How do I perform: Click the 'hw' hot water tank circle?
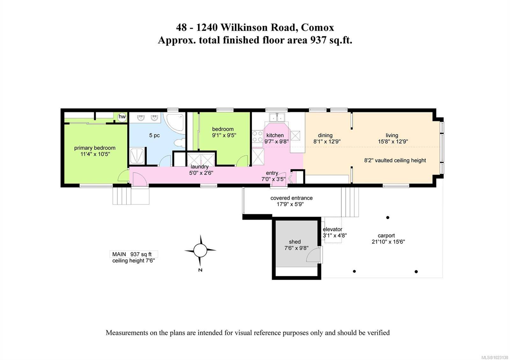pyautogui.click(x=122, y=117)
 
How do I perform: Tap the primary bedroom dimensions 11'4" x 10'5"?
pyautogui.click(x=95, y=154)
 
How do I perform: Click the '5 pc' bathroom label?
pyautogui.click(x=154, y=135)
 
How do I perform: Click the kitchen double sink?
pyautogui.click(x=276, y=118)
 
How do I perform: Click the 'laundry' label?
pyautogui.click(x=200, y=167)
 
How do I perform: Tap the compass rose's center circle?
pyautogui.click(x=200, y=250)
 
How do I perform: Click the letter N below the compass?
pyautogui.click(x=200, y=270)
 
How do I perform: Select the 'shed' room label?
pyautogui.click(x=295, y=242)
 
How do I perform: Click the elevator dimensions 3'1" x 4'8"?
pyautogui.click(x=335, y=236)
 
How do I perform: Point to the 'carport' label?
pyautogui.click(x=386, y=235)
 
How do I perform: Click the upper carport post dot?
pyautogui.click(x=388, y=218)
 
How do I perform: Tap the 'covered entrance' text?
pyautogui.click(x=291, y=198)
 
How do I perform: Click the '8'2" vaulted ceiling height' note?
pyautogui.click(x=395, y=160)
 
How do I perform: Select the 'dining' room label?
pyautogui.click(x=325, y=135)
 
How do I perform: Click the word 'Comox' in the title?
pyautogui.click(x=317, y=27)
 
